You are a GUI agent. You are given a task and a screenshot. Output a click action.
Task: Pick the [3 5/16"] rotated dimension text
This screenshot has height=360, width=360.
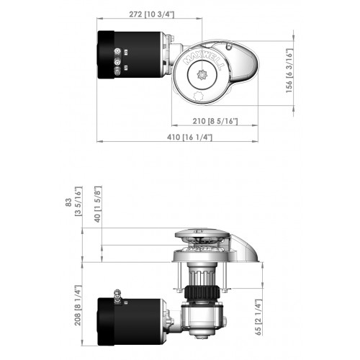click(78, 205)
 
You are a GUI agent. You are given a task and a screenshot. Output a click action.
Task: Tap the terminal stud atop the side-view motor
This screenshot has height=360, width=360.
click(113, 293)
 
